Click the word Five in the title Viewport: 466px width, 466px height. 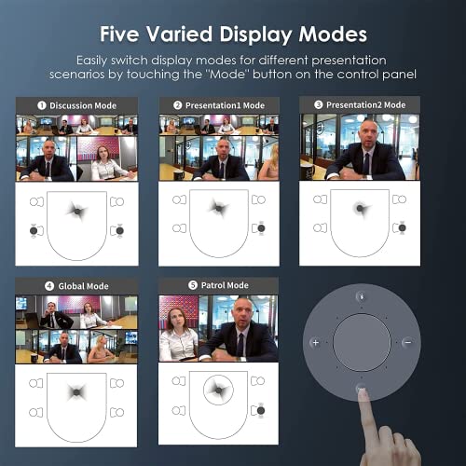(119, 34)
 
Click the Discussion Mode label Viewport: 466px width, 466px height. (83, 105)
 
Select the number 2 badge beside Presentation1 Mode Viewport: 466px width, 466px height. (177, 105)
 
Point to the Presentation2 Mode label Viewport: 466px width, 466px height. (365, 105)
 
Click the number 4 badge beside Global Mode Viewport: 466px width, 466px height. (49, 286)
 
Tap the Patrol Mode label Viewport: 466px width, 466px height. (225, 285)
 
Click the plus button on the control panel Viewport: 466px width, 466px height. (316, 343)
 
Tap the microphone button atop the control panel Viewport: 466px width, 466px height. (362, 296)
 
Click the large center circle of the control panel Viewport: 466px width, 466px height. (362, 342)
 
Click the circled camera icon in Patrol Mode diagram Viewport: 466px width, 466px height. (218, 390)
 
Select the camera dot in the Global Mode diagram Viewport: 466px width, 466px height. (76, 392)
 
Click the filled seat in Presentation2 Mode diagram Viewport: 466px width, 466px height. (402, 227)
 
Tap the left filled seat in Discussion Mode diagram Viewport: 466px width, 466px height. (34, 231)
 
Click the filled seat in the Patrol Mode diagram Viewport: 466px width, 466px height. (261, 410)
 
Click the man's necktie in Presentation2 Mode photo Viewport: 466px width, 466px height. (366, 164)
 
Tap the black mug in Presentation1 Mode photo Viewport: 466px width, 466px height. (179, 175)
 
